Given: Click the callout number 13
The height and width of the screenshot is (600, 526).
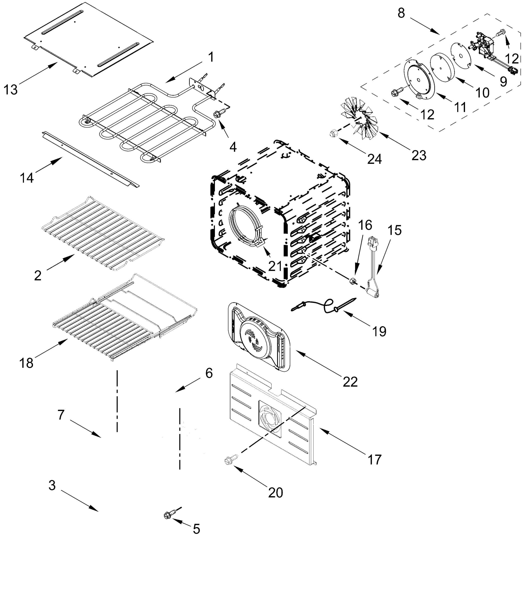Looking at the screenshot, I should pos(10,89).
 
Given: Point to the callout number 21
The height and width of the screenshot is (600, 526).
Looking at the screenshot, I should pos(275,266).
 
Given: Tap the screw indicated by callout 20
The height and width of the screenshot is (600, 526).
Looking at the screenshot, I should pos(230,460).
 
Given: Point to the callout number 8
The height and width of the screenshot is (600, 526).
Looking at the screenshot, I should pos(401,13).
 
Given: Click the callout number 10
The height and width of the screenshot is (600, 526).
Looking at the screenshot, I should pos(482,92).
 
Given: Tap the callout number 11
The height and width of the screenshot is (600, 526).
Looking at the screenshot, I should pos(460,107).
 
